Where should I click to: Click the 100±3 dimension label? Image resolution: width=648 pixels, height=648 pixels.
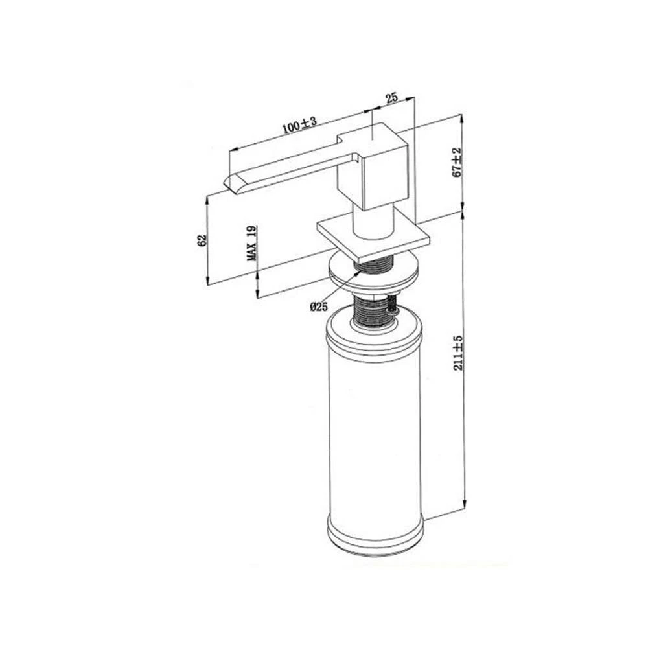pos(299,125)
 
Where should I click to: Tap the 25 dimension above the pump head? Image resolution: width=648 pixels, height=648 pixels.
pos(391,98)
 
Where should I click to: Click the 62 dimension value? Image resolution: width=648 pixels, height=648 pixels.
pos(202,240)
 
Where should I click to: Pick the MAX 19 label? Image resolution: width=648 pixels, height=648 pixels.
pos(251,244)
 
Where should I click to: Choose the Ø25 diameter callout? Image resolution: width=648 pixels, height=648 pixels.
pos(319,307)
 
